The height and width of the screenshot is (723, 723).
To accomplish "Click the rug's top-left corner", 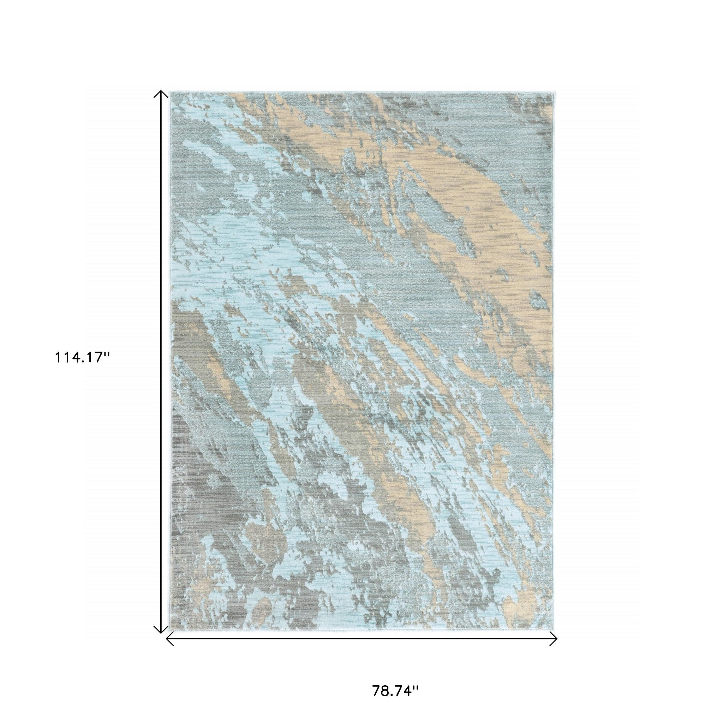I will coord(170,92).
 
